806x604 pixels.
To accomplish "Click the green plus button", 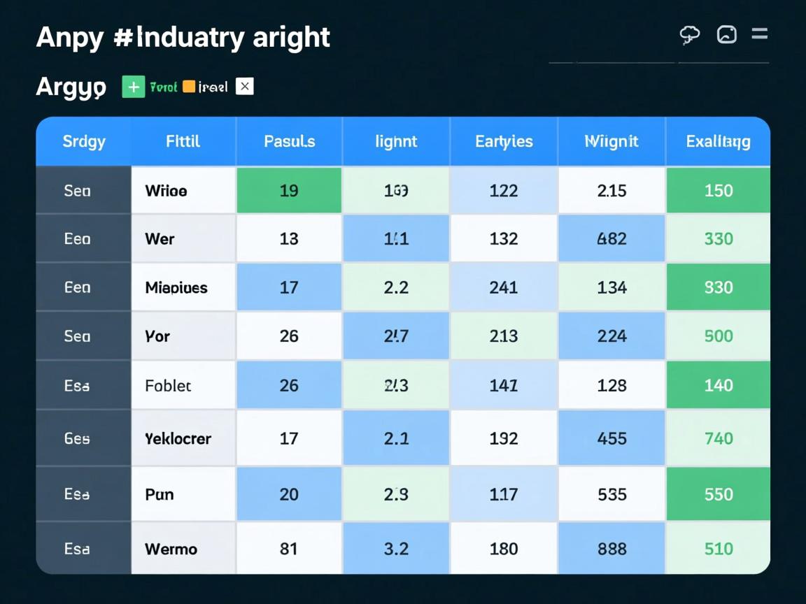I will click(133, 87).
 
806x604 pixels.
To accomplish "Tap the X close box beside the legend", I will click(244, 86).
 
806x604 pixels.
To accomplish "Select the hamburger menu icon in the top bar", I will click(759, 34).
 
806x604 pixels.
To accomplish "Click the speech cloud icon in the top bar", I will click(690, 34).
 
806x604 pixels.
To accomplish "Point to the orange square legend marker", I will click(189, 87).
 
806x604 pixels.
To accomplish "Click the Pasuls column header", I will click(289, 141).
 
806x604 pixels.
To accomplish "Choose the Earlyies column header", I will click(504, 141).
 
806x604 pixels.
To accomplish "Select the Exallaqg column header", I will click(718, 141).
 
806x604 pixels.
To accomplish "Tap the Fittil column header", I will click(183, 141).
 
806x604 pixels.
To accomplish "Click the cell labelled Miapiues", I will click(176, 287).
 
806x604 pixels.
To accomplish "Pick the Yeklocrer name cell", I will click(178, 438).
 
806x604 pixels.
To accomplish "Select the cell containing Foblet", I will click(168, 385).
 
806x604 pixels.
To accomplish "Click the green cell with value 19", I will click(289, 190).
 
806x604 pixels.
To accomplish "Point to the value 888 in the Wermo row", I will click(611, 549).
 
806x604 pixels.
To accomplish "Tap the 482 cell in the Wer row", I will click(611, 238).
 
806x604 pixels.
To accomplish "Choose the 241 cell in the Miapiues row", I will click(504, 287).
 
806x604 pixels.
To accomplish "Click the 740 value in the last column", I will click(719, 438).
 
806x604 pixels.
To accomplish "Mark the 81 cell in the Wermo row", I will click(289, 549).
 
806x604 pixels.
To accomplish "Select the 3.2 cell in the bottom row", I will click(396, 549).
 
